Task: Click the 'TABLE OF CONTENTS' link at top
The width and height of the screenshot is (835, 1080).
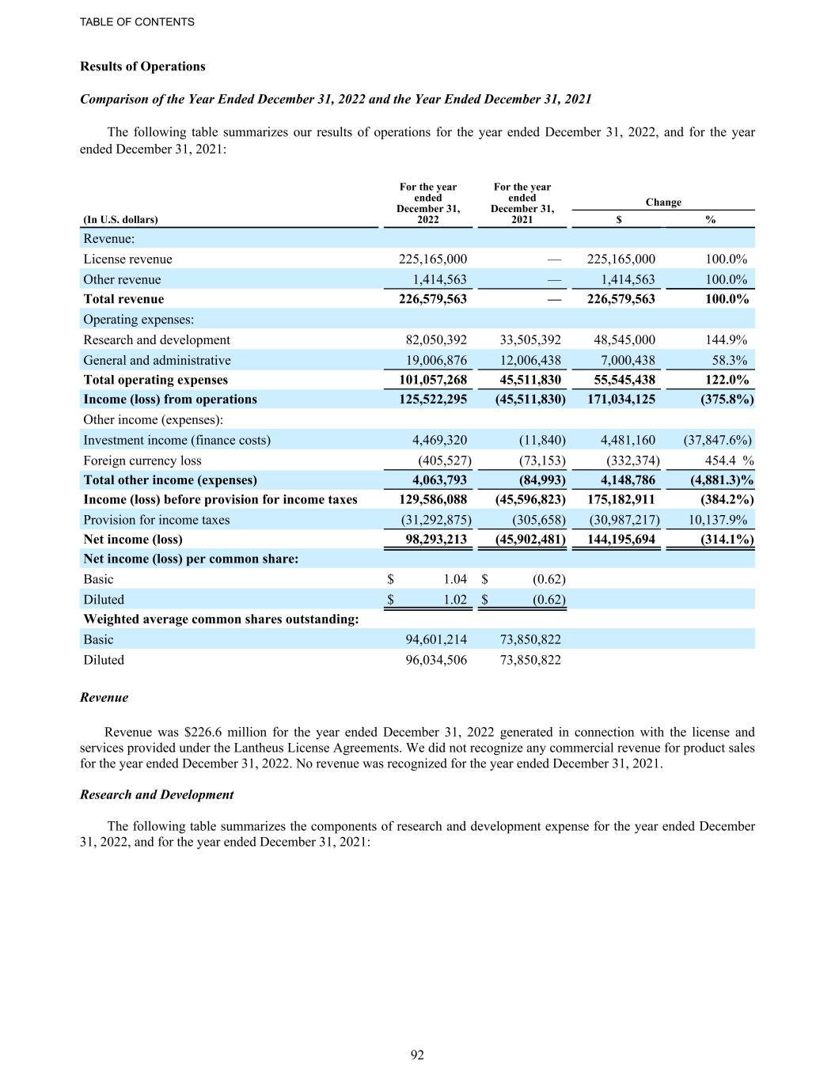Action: [137, 22]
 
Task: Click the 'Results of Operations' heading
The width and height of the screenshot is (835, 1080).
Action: [142, 66]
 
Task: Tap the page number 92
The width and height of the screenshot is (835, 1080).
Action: [417, 1055]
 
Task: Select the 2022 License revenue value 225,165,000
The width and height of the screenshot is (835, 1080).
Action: [432, 260]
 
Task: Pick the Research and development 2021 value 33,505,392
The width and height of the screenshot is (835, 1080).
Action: [530, 340]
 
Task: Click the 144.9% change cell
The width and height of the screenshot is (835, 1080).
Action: [726, 340]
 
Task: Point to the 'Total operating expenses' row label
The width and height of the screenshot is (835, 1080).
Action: [155, 380]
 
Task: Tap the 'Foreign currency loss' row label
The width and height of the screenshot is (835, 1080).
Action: [142, 460]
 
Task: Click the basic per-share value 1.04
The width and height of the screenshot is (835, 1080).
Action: [455, 580]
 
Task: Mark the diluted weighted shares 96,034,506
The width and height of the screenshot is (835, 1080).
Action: [436, 660]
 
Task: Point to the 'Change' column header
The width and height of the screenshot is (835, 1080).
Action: [663, 203]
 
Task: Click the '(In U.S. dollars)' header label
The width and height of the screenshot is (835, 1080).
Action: [120, 220]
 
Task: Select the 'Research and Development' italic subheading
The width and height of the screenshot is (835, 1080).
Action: [157, 794]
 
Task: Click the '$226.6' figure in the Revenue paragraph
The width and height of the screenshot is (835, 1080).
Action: [211, 732]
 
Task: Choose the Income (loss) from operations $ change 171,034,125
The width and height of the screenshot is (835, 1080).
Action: [621, 400]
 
